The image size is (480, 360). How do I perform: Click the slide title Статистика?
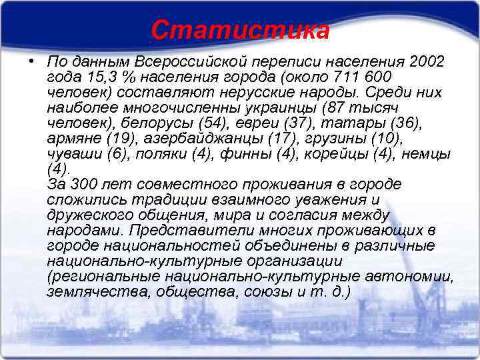coord(240,30)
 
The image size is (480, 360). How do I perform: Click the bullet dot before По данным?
coord(31,59)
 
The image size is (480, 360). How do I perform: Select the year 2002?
coord(427,61)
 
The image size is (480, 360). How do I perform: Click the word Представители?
coord(189,230)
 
